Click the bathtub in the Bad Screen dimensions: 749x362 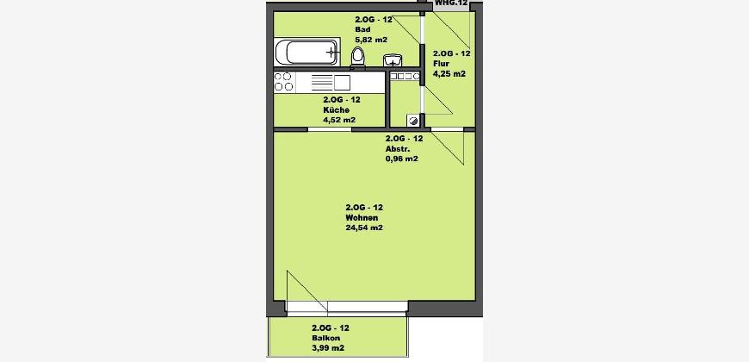click(306, 52)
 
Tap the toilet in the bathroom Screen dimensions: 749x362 click(358, 58)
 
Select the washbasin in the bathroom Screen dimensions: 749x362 click(393, 60)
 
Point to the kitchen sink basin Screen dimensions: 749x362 click(342, 83)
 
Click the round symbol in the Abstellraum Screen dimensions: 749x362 click(413, 121)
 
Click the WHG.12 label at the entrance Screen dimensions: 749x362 click(451, 3)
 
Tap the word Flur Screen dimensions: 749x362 click(441, 64)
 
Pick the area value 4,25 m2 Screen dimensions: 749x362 click(449, 73)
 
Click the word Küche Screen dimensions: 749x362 click(333, 110)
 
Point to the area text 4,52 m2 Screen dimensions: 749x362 click(339, 120)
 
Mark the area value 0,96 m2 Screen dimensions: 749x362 click(402, 159)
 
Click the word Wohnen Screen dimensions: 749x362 click(359, 217)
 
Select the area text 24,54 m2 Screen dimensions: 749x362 click(364, 228)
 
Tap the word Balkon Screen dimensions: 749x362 click(324, 338)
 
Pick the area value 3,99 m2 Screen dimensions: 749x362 click(328, 348)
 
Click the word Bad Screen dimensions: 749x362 click(361, 29)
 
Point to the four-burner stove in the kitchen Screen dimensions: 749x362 click(283, 82)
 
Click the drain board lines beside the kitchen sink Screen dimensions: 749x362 click(321, 83)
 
